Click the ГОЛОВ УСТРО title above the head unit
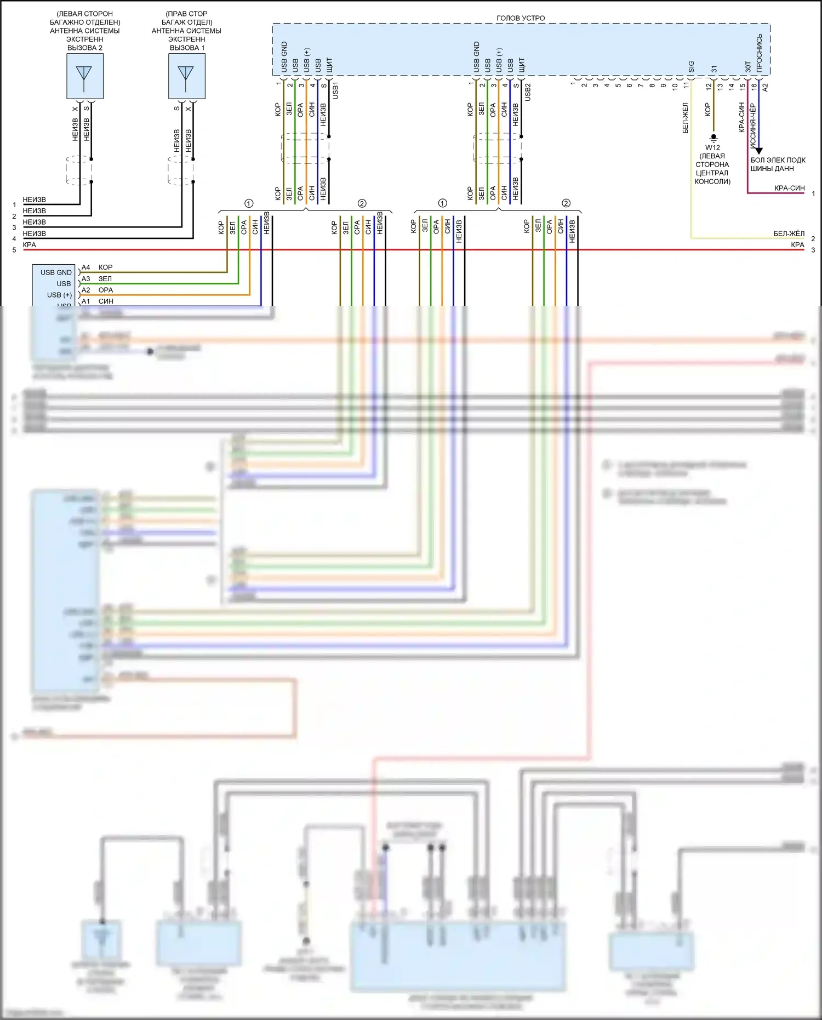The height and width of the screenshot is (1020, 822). [521, 18]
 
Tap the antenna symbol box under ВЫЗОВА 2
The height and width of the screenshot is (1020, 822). [85, 76]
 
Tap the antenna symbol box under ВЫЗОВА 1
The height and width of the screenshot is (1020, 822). [186, 76]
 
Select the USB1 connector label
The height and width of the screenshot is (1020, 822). [335, 90]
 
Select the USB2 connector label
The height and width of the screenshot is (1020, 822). [528, 92]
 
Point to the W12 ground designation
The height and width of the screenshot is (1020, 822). [712, 147]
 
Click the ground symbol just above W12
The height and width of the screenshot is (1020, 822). [713, 137]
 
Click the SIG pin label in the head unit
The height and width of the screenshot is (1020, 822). [691, 66]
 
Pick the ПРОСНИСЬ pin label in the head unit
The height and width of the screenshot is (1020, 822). [759, 53]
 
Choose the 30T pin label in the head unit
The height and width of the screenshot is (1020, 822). [748, 67]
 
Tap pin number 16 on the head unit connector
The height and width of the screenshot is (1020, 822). [754, 86]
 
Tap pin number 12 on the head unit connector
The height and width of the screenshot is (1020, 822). [709, 86]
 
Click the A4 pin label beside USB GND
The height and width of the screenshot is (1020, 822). [86, 267]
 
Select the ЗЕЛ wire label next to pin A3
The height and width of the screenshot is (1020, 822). [105, 279]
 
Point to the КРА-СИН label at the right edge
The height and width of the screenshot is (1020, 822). [789, 188]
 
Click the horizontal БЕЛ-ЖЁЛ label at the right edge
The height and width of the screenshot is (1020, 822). [789, 233]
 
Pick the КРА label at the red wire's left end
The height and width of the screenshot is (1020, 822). [30, 245]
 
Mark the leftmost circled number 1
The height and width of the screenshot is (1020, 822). [249, 203]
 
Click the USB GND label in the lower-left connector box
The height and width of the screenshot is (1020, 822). [56, 272]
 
